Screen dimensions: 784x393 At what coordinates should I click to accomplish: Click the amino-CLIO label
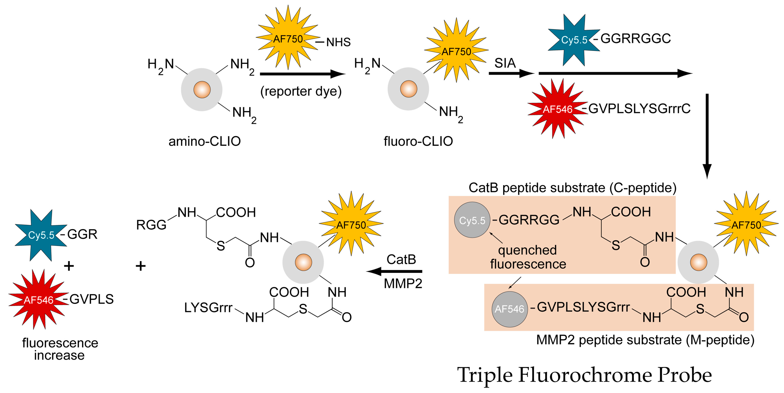point(205,141)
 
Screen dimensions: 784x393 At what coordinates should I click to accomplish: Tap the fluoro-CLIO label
point(418,141)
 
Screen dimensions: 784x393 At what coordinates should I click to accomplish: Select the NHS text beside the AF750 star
point(338,42)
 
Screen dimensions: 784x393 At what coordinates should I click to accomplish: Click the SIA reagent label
point(505,63)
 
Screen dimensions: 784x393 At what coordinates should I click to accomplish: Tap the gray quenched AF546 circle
point(509,309)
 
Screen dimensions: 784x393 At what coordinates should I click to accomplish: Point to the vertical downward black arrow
point(707,136)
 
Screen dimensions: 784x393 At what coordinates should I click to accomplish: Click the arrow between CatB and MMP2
point(394,271)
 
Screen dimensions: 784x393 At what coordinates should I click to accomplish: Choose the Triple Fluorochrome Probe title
point(584,375)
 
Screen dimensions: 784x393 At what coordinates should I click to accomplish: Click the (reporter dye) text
point(301,91)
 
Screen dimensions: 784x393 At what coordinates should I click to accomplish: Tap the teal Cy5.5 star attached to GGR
point(41,235)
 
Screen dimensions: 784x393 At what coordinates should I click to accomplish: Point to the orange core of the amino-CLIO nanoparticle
point(202,90)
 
